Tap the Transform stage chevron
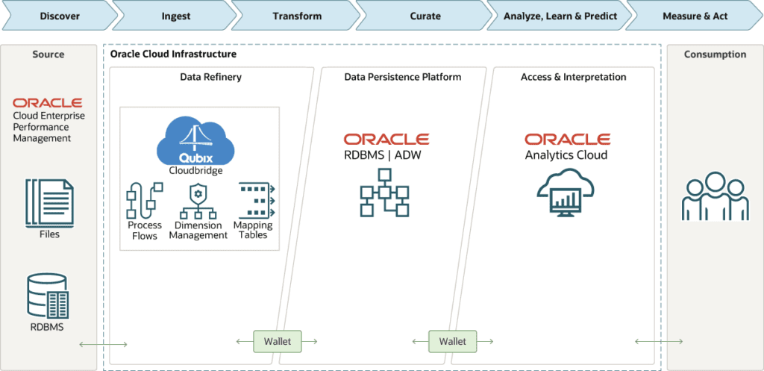tap(297, 16)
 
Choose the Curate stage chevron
tap(425, 16)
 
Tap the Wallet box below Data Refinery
tap(278, 341)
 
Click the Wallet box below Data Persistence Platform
tap(452, 341)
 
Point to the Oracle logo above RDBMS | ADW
tap(386, 140)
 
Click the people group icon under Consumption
tap(715, 196)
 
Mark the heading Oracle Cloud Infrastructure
tap(173, 54)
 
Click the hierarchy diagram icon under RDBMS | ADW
tap(385, 192)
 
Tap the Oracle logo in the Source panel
tap(47, 102)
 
